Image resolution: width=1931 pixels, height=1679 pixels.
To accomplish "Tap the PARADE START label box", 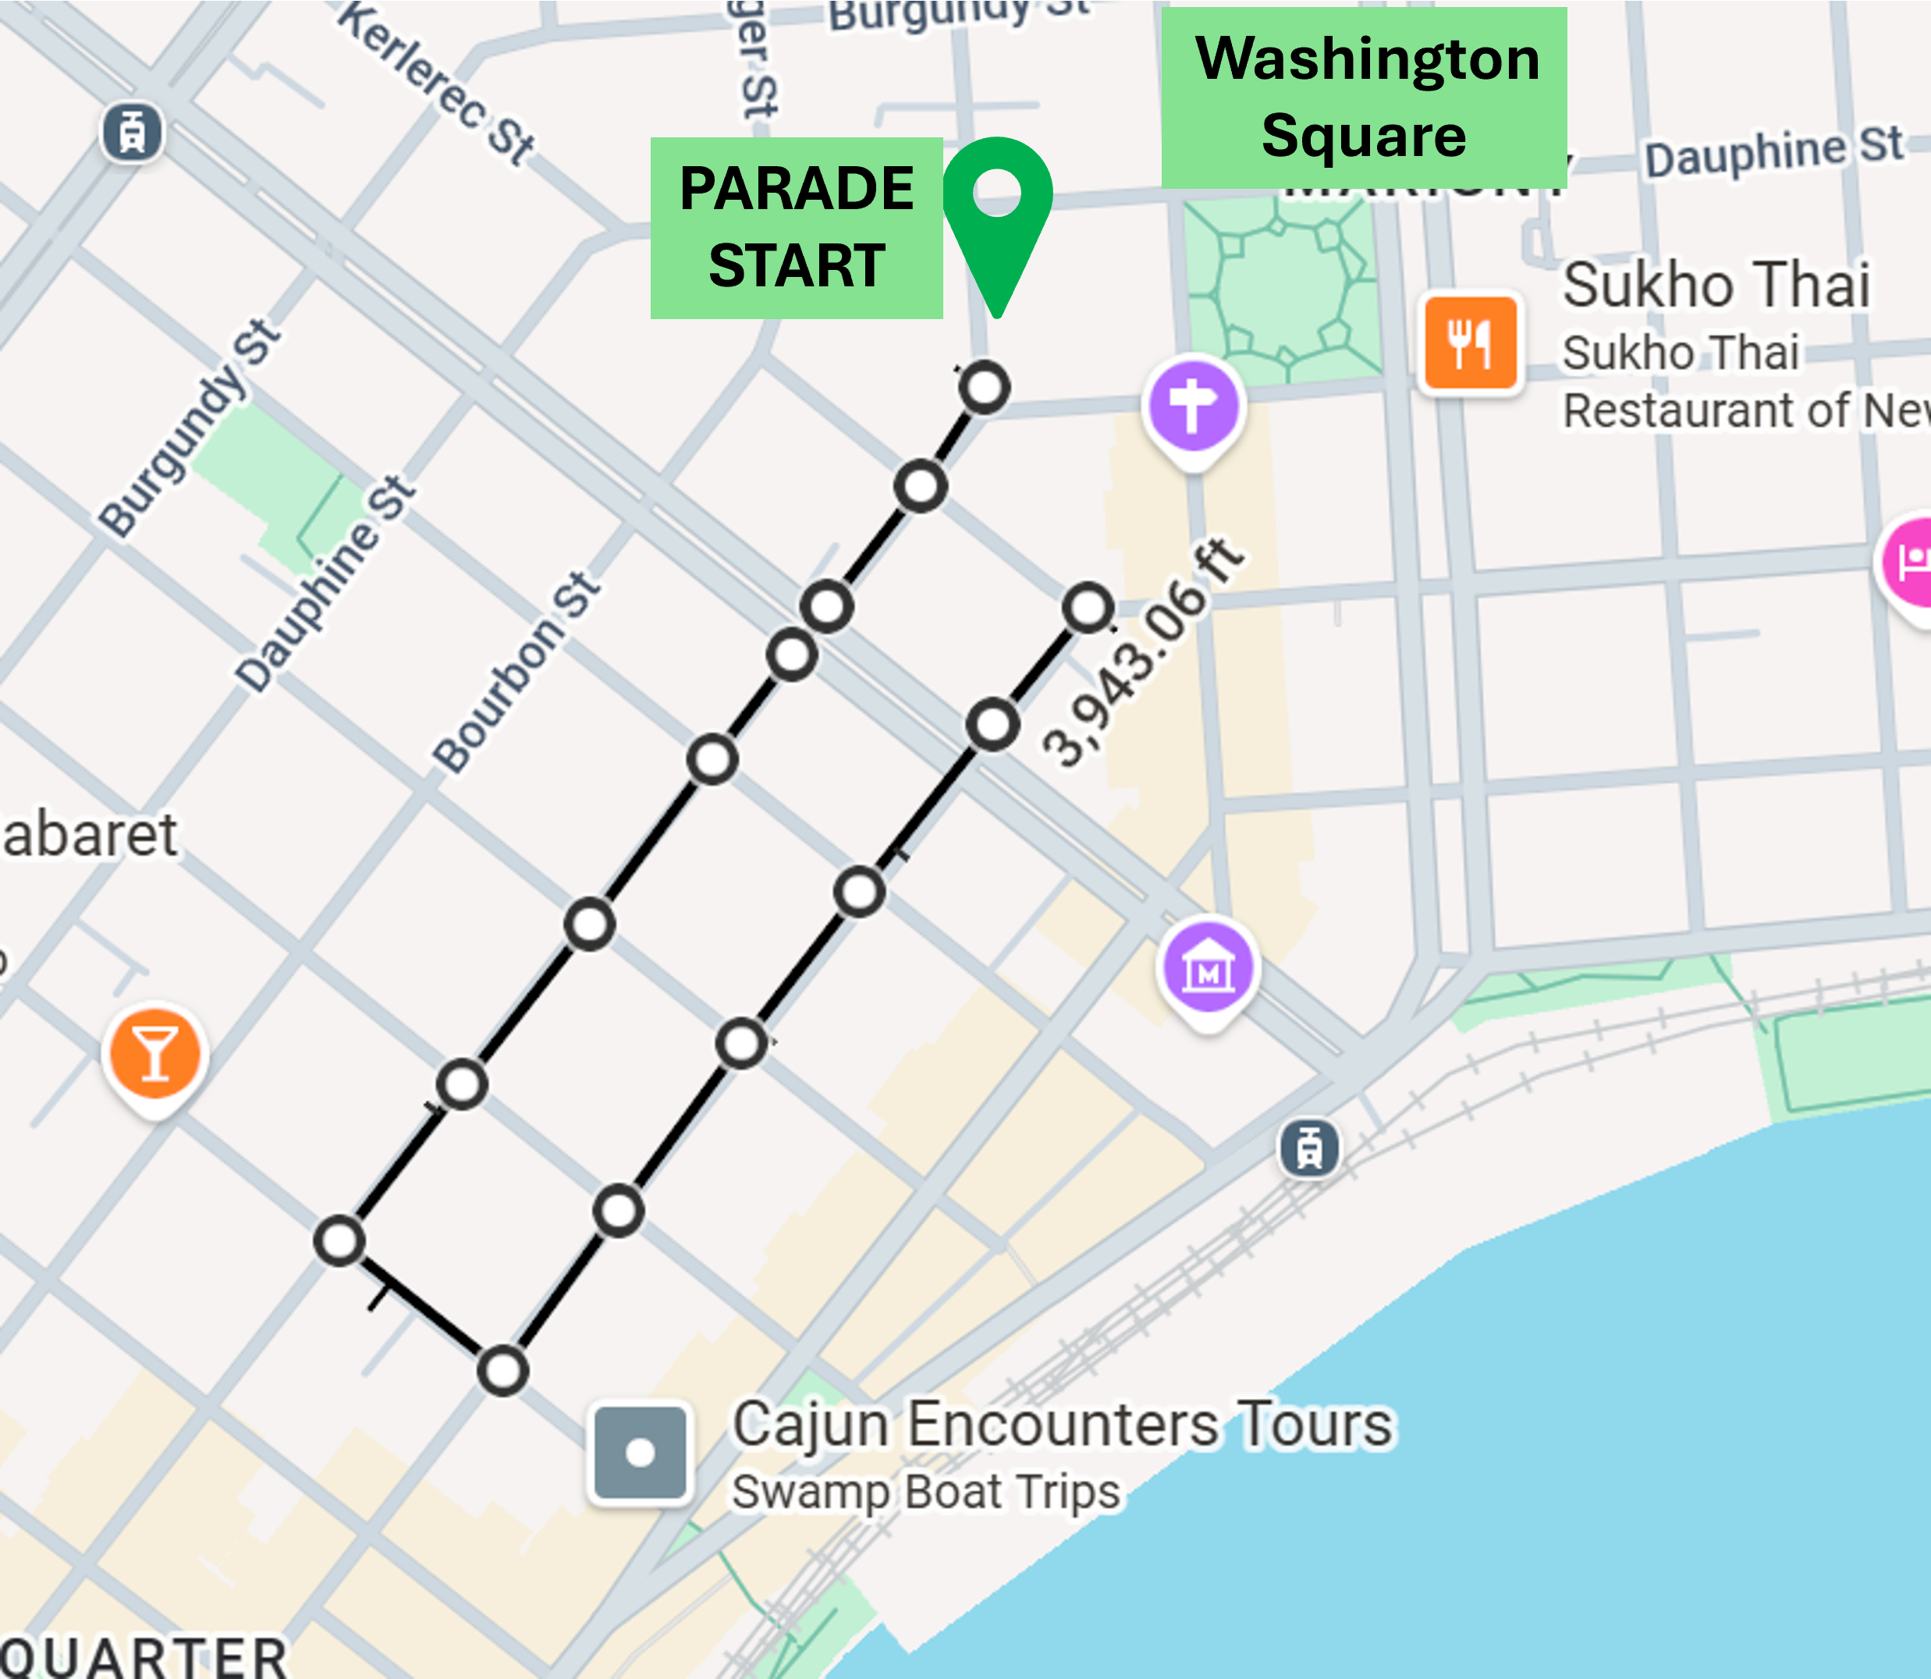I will (797, 228).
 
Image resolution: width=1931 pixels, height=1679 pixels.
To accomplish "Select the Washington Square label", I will (1364, 98).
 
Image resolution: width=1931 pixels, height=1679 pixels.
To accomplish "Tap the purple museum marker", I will (1209, 971).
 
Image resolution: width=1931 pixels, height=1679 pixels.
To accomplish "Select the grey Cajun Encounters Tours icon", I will (641, 1454).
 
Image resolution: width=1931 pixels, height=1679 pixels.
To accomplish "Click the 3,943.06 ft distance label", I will (1143, 653).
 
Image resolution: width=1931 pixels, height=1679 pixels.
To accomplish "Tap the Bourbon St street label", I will (516, 673).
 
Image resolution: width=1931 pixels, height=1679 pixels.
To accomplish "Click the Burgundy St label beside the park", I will (190, 428).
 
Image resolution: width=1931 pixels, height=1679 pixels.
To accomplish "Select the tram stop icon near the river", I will (1309, 1148).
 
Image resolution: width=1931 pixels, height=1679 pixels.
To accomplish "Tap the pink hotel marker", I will (1911, 563).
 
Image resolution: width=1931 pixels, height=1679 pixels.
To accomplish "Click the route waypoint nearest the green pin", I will (985, 387).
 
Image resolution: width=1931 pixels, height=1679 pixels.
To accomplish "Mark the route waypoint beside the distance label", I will (1088, 607).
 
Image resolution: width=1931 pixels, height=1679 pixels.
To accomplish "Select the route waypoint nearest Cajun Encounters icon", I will (503, 1371).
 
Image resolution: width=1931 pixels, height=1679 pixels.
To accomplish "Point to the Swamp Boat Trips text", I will (925, 1492).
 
